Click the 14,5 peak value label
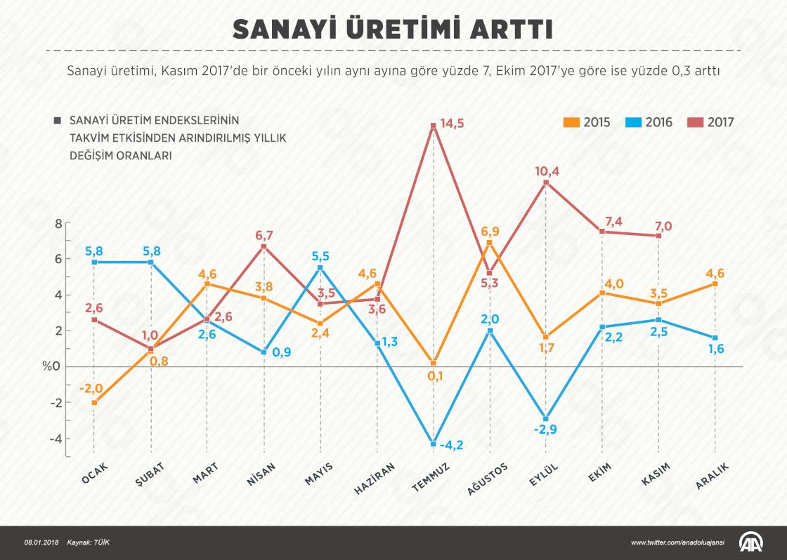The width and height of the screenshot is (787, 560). pyautogui.click(x=451, y=124)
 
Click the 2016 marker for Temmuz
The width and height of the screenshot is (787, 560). pyautogui.click(x=434, y=443)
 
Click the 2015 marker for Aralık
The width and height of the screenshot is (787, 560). pyautogui.click(x=715, y=284)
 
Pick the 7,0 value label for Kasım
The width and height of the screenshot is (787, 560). pyautogui.click(x=663, y=226)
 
